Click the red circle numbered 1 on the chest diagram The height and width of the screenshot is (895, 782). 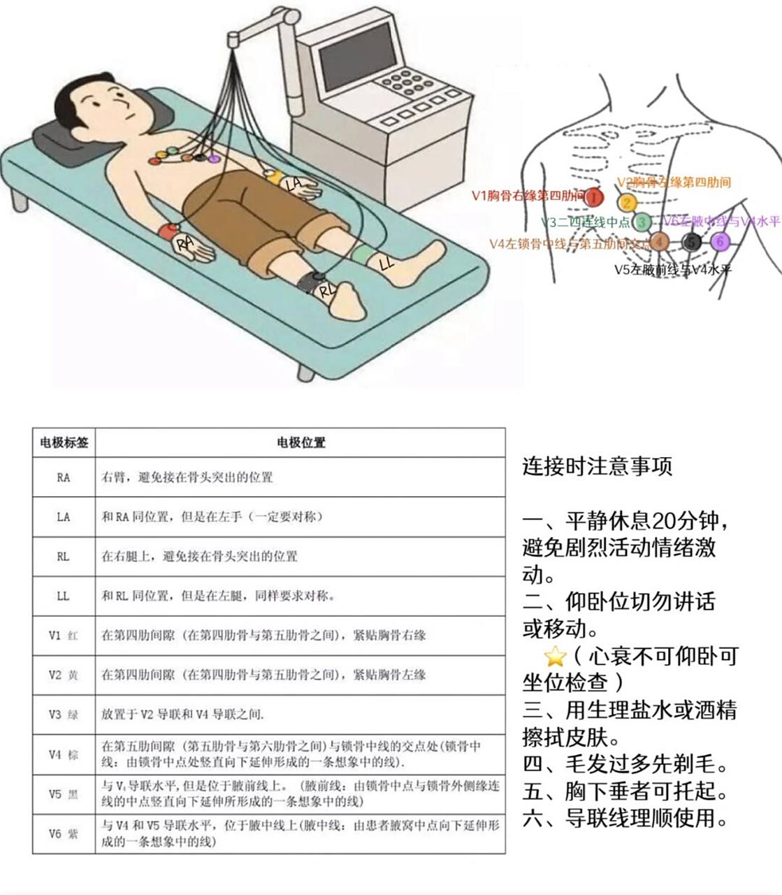[593, 198]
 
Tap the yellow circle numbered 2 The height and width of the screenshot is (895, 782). [627, 203]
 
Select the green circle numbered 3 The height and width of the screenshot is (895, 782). [642, 223]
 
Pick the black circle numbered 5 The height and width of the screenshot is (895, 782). [691, 242]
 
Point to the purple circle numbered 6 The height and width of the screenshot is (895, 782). [721, 242]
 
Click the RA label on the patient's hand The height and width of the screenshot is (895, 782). [184, 243]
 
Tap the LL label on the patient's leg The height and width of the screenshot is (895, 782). [386, 264]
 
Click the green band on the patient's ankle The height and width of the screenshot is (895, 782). [363, 254]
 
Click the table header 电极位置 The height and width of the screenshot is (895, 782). [301, 443]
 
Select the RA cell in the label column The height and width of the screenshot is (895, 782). [64, 478]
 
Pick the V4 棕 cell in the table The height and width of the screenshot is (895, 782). [64, 754]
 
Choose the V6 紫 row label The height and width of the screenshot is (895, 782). [64, 833]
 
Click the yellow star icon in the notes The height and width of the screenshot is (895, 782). [554, 656]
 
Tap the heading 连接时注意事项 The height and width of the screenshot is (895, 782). [597, 466]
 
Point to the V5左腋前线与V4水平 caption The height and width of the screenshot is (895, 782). [672, 269]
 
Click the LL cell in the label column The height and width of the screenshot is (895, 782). [64, 596]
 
